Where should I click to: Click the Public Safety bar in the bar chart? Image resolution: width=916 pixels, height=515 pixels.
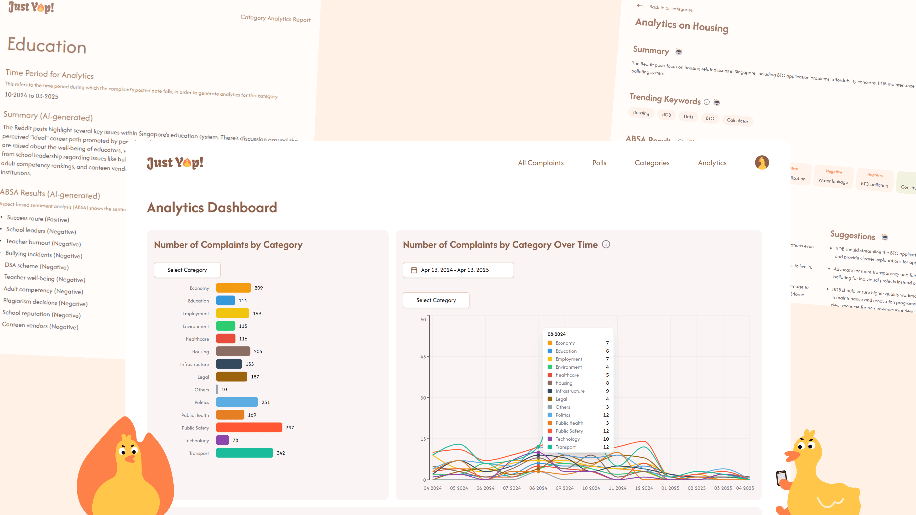click(249, 427)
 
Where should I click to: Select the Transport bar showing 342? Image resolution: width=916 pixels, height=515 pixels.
click(244, 453)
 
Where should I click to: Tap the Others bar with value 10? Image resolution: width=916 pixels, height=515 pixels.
click(217, 390)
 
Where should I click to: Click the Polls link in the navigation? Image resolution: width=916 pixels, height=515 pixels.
click(599, 163)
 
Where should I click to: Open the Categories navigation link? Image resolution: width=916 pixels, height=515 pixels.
click(652, 163)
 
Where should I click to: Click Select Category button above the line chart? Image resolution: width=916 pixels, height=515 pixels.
click(436, 300)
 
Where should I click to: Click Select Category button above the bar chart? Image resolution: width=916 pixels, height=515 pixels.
click(187, 270)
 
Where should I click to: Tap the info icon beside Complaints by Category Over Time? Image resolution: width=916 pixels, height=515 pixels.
click(606, 245)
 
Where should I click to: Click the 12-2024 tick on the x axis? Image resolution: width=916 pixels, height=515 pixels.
click(644, 488)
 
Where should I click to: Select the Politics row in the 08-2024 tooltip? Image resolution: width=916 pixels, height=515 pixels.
click(578, 415)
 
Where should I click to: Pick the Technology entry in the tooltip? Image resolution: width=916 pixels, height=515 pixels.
click(578, 439)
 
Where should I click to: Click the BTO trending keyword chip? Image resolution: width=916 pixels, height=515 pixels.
click(710, 118)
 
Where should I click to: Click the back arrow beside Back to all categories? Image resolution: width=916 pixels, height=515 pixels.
click(640, 6)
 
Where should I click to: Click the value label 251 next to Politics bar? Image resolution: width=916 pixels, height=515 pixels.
click(266, 402)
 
